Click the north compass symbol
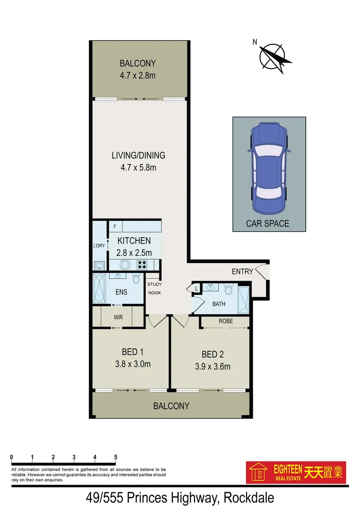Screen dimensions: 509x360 tap(274, 57)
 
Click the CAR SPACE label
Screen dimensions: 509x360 tap(268, 223)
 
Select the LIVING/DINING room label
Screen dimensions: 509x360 tap(138, 155)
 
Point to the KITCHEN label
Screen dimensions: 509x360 tap(134, 241)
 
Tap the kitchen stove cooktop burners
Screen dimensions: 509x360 tap(142, 265)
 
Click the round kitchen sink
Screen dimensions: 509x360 tap(125, 265)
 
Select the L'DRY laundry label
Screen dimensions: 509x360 tap(99, 246)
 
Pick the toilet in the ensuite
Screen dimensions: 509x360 tap(137, 279)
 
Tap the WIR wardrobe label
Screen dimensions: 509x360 tap(118, 317)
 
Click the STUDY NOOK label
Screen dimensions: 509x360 tap(154, 288)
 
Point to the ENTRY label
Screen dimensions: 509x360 tap(242, 271)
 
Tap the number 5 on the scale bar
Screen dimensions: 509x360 tap(115, 457)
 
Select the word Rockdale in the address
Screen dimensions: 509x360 tap(248, 497)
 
